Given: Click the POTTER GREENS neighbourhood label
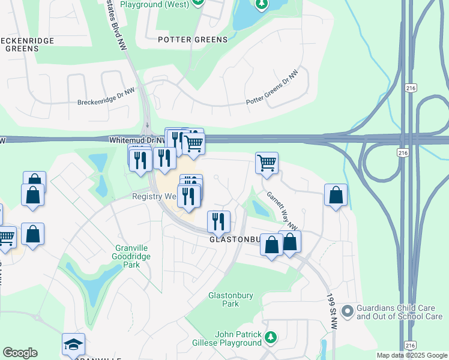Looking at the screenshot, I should (193, 40).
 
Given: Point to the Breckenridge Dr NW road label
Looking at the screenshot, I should (112, 98).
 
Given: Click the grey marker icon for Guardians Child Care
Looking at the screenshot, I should (347, 311).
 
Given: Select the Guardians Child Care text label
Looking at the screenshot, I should (399, 312).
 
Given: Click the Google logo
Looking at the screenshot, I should (20, 353).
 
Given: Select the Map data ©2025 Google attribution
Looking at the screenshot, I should (411, 355).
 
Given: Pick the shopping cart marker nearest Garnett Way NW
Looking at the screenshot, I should (267, 162).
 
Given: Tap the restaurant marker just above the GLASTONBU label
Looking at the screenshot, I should (219, 221).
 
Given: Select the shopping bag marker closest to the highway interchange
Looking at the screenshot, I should (336, 195).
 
